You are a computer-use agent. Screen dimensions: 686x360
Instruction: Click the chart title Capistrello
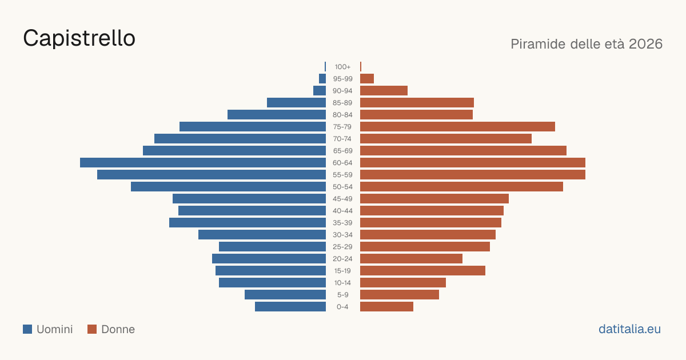[x=79, y=38]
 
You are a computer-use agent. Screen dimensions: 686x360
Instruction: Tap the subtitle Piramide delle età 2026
[x=587, y=44]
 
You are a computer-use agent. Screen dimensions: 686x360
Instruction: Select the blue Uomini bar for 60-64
[x=203, y=162]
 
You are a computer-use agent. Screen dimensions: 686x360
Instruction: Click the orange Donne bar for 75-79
[x=457, y=127]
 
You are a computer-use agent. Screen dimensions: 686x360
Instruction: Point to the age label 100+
[x=342, y=67]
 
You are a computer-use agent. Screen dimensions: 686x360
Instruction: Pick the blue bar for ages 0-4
[x=290, y=307]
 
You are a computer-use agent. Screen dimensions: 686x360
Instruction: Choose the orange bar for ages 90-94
[x=384, y=91]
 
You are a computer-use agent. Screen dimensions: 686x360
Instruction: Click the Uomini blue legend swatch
[x=27, y=329]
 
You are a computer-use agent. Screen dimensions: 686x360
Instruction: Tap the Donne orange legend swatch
[x=92, y=329]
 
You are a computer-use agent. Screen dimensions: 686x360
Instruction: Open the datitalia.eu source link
[x=629, y=329]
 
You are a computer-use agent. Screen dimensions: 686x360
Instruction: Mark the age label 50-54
[x=342, y=187]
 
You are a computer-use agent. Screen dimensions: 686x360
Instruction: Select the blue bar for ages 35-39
[x=248, y=222]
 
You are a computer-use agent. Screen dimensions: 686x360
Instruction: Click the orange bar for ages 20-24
[x=411, y=259]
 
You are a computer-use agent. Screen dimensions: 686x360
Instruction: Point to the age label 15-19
[x=342, y=271]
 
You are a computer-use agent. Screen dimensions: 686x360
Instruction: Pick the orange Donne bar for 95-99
[x=367, y=79]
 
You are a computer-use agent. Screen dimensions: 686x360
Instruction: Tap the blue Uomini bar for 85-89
[x=297, y=102]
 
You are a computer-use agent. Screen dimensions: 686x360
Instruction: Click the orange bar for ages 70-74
[x=446, y=139]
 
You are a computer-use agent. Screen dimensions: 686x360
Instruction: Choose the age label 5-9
[x=342, y=295]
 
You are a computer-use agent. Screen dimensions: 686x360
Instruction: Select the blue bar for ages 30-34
[x=262, y=235]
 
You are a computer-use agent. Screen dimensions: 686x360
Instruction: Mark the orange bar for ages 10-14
[x=403, y=282]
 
